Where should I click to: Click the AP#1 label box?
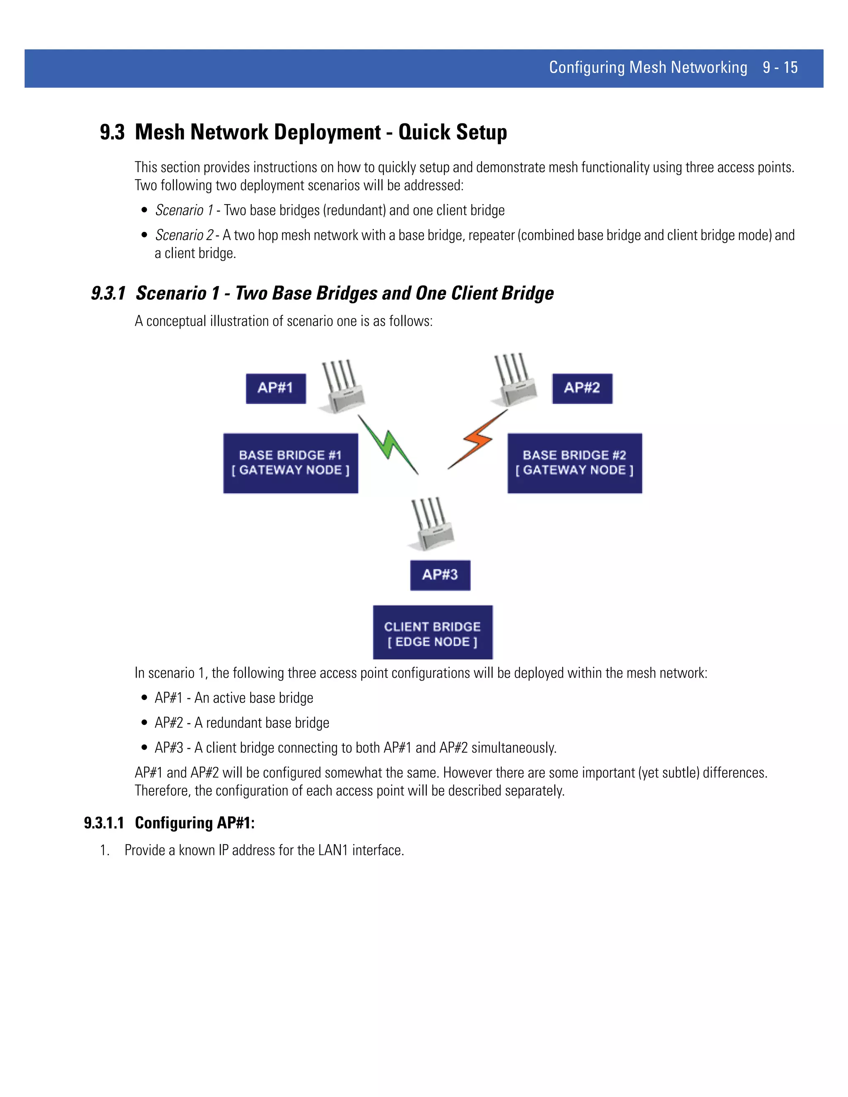click(275, 388)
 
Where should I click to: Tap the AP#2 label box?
click(582, 388)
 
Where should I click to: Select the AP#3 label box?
click(440, 575)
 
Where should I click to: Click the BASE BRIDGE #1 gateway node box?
click(290, 463)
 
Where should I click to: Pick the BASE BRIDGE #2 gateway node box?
click(574, 463)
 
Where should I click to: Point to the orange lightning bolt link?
click(477, 440)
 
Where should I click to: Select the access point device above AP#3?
click(431, 525)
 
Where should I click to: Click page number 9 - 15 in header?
click(780, 67)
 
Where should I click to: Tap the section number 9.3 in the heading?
click(112, 132)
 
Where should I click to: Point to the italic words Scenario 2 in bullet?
click(184, 235)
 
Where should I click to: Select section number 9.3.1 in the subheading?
click(108, 293)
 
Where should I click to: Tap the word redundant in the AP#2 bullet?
click(234, 723)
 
